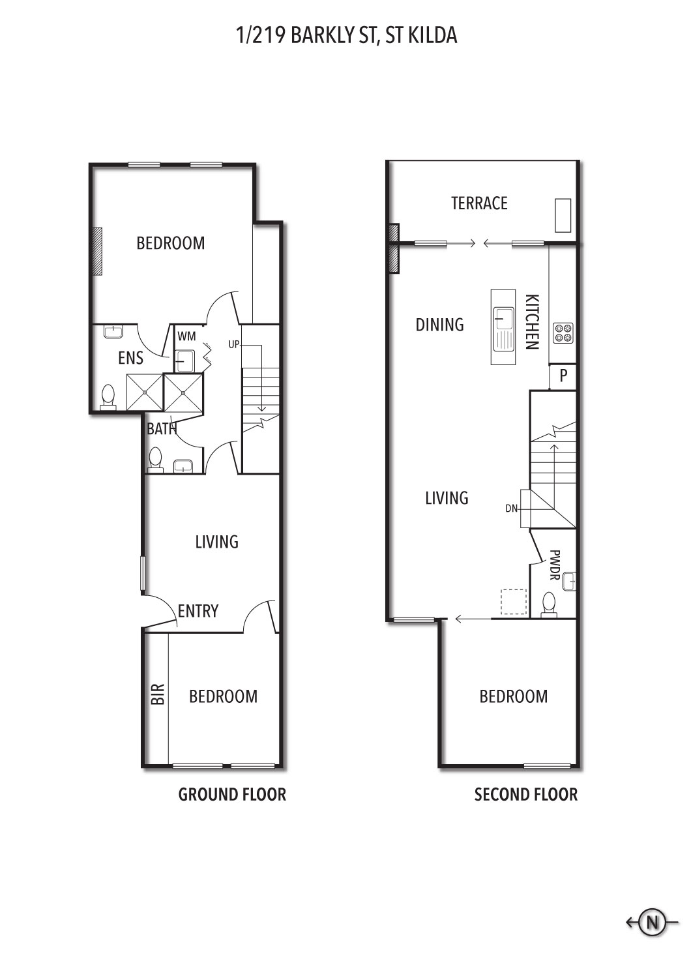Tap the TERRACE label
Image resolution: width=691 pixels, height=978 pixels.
[479, 203]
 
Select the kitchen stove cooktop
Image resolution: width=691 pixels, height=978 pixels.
[563, 333]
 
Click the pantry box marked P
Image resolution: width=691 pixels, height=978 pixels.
[563, 376]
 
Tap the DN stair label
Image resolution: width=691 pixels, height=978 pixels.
[511, 508]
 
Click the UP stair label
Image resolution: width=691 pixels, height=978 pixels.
[234, 344]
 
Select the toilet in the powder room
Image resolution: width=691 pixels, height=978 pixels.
[549, 605]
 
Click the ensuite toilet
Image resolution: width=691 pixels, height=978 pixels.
[108, 397]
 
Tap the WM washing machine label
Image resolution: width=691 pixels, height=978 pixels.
[186, 336]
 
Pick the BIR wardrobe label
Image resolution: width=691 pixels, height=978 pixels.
[158, 694]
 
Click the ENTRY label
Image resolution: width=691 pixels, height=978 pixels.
[198, 611]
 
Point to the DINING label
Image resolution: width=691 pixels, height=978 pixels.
[439, 325]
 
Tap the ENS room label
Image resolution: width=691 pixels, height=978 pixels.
[130, 358]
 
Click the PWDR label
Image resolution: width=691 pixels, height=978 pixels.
[554, 565]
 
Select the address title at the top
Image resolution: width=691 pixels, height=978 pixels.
[347, 35]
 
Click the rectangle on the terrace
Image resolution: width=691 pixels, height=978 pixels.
[563, 216]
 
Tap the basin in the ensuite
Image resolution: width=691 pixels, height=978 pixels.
[113, 331]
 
